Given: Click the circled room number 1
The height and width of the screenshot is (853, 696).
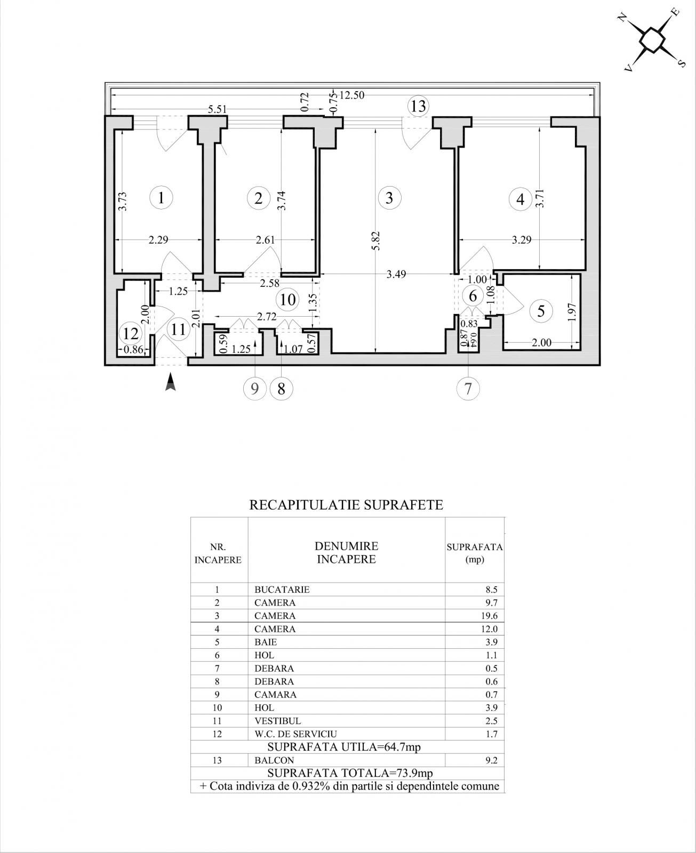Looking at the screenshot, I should click(x=162, y=198).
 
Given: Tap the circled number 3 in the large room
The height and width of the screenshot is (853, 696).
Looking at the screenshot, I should click(x=389, y=198).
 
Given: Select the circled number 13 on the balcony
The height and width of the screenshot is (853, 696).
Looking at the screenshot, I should click(x=418, y=106).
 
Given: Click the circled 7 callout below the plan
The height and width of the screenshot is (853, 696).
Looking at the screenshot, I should click(x=468, y=389).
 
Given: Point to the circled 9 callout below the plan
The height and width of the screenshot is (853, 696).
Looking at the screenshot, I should click(x=254, y=389).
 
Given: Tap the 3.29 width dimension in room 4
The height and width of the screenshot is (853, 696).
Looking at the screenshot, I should click(x=521, y=240).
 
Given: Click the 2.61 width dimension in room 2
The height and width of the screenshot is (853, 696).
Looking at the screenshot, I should click(x=265, y=240).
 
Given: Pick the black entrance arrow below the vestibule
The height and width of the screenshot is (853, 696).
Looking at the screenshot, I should click(x=170, y=382).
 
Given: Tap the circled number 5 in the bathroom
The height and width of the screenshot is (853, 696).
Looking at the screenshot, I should click(x=541, y=311).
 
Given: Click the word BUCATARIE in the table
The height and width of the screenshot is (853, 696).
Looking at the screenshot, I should click(x=282, y=590).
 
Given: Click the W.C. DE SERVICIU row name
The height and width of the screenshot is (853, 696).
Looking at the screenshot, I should click(x=295, y=734).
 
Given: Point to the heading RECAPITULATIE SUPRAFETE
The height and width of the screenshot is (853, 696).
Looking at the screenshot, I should click(x=346, y=505).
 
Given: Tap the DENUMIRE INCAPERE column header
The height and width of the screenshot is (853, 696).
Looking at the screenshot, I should click(x=346, y=552).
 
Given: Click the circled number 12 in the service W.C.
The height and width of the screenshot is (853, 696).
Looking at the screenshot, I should click(x=131, y=334).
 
